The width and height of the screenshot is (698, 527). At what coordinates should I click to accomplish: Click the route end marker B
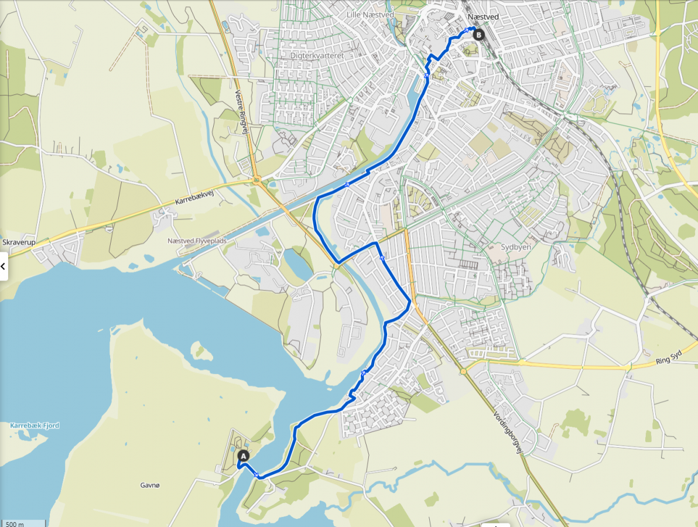pos(479,35)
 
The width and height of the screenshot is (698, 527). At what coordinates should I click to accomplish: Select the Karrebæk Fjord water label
pos(35,426)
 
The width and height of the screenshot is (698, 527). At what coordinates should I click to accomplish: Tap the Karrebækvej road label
pos(193,200)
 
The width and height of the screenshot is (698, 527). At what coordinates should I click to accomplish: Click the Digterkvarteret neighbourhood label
pos(316,55)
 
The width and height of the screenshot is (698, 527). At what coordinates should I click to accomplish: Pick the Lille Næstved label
pos(369,15)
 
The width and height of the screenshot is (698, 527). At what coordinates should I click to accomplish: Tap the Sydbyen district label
pos(515,247)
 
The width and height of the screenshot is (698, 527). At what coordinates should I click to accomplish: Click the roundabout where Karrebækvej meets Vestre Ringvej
pos(256,181)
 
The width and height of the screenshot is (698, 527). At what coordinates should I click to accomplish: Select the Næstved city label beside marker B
pos(483,17)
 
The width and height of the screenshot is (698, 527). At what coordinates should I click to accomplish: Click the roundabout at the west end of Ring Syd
pos(463,371)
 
